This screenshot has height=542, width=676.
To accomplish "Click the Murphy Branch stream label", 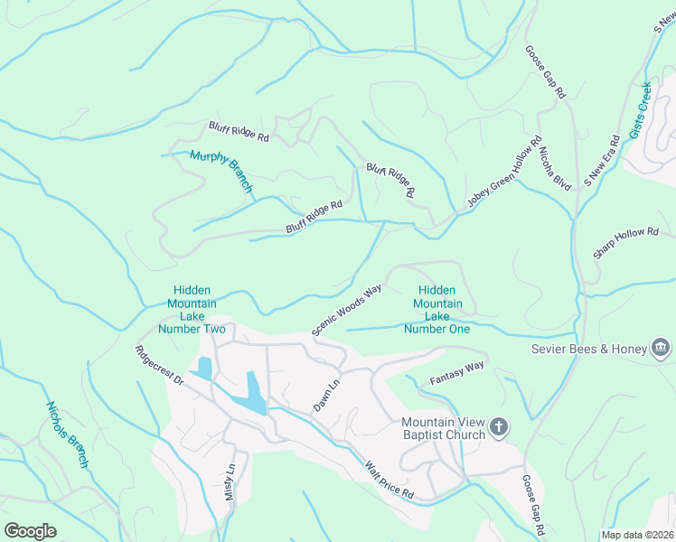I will click(221, 171).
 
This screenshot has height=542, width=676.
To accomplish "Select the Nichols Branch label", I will click(68, 435).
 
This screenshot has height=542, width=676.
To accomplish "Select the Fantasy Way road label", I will click(457, 371).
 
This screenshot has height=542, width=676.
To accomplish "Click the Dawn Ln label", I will click(326, 395).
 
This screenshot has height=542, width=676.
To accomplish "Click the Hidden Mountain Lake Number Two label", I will click(192, 310).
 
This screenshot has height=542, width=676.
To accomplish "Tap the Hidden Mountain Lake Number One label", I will click(437, 310).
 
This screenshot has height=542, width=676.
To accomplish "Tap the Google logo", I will click(30, 531).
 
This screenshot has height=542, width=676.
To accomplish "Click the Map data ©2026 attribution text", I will click(637, 535).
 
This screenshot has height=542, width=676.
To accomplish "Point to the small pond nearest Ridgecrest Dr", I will click(204, 369).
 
